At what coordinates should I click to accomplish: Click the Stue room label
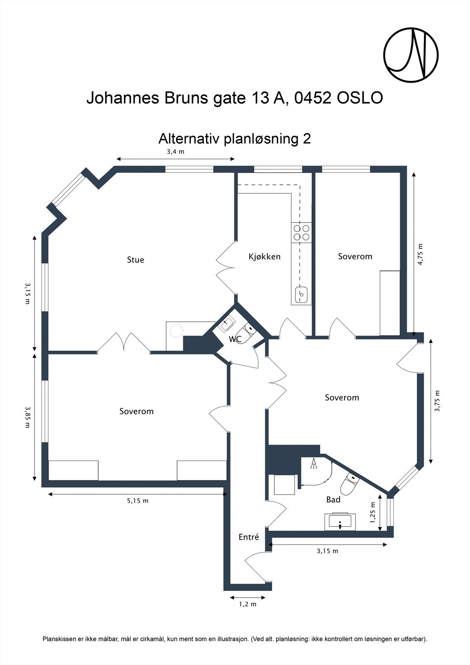tap(135, 260)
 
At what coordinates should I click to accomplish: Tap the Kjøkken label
tap(264, 256)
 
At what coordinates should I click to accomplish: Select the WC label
tap(235, 339)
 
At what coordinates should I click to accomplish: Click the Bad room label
tap(333, 500)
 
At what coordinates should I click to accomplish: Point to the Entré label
tap(249, 537)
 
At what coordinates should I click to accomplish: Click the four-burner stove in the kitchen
tap(302, 232)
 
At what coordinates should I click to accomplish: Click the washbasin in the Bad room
tap(340, 522)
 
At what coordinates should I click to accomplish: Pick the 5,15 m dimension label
tap(138, 501)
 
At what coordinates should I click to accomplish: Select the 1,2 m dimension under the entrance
tap(248, 604)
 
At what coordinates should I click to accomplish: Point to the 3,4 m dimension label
tap(175, 152)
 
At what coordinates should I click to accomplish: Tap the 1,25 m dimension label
tap(373, 513)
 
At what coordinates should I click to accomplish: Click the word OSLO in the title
tap(360, 99)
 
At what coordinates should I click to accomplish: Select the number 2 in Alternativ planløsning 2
tap(307, 138)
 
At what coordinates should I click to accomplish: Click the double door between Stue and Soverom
tap(124, 343)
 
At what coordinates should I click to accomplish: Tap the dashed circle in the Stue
tap(176, 331)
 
